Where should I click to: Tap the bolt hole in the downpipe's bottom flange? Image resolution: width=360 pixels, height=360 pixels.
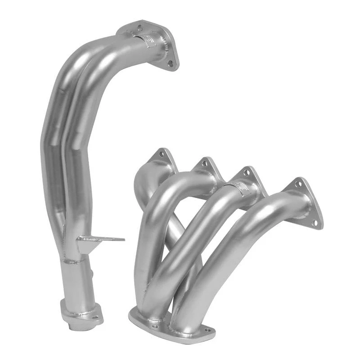pos(95,317)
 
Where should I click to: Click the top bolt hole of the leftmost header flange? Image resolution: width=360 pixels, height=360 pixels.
pos(162,154)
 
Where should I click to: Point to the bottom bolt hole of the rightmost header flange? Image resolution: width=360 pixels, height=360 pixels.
pos(315,222)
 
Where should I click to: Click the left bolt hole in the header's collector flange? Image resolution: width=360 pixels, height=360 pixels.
pos(154,326)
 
